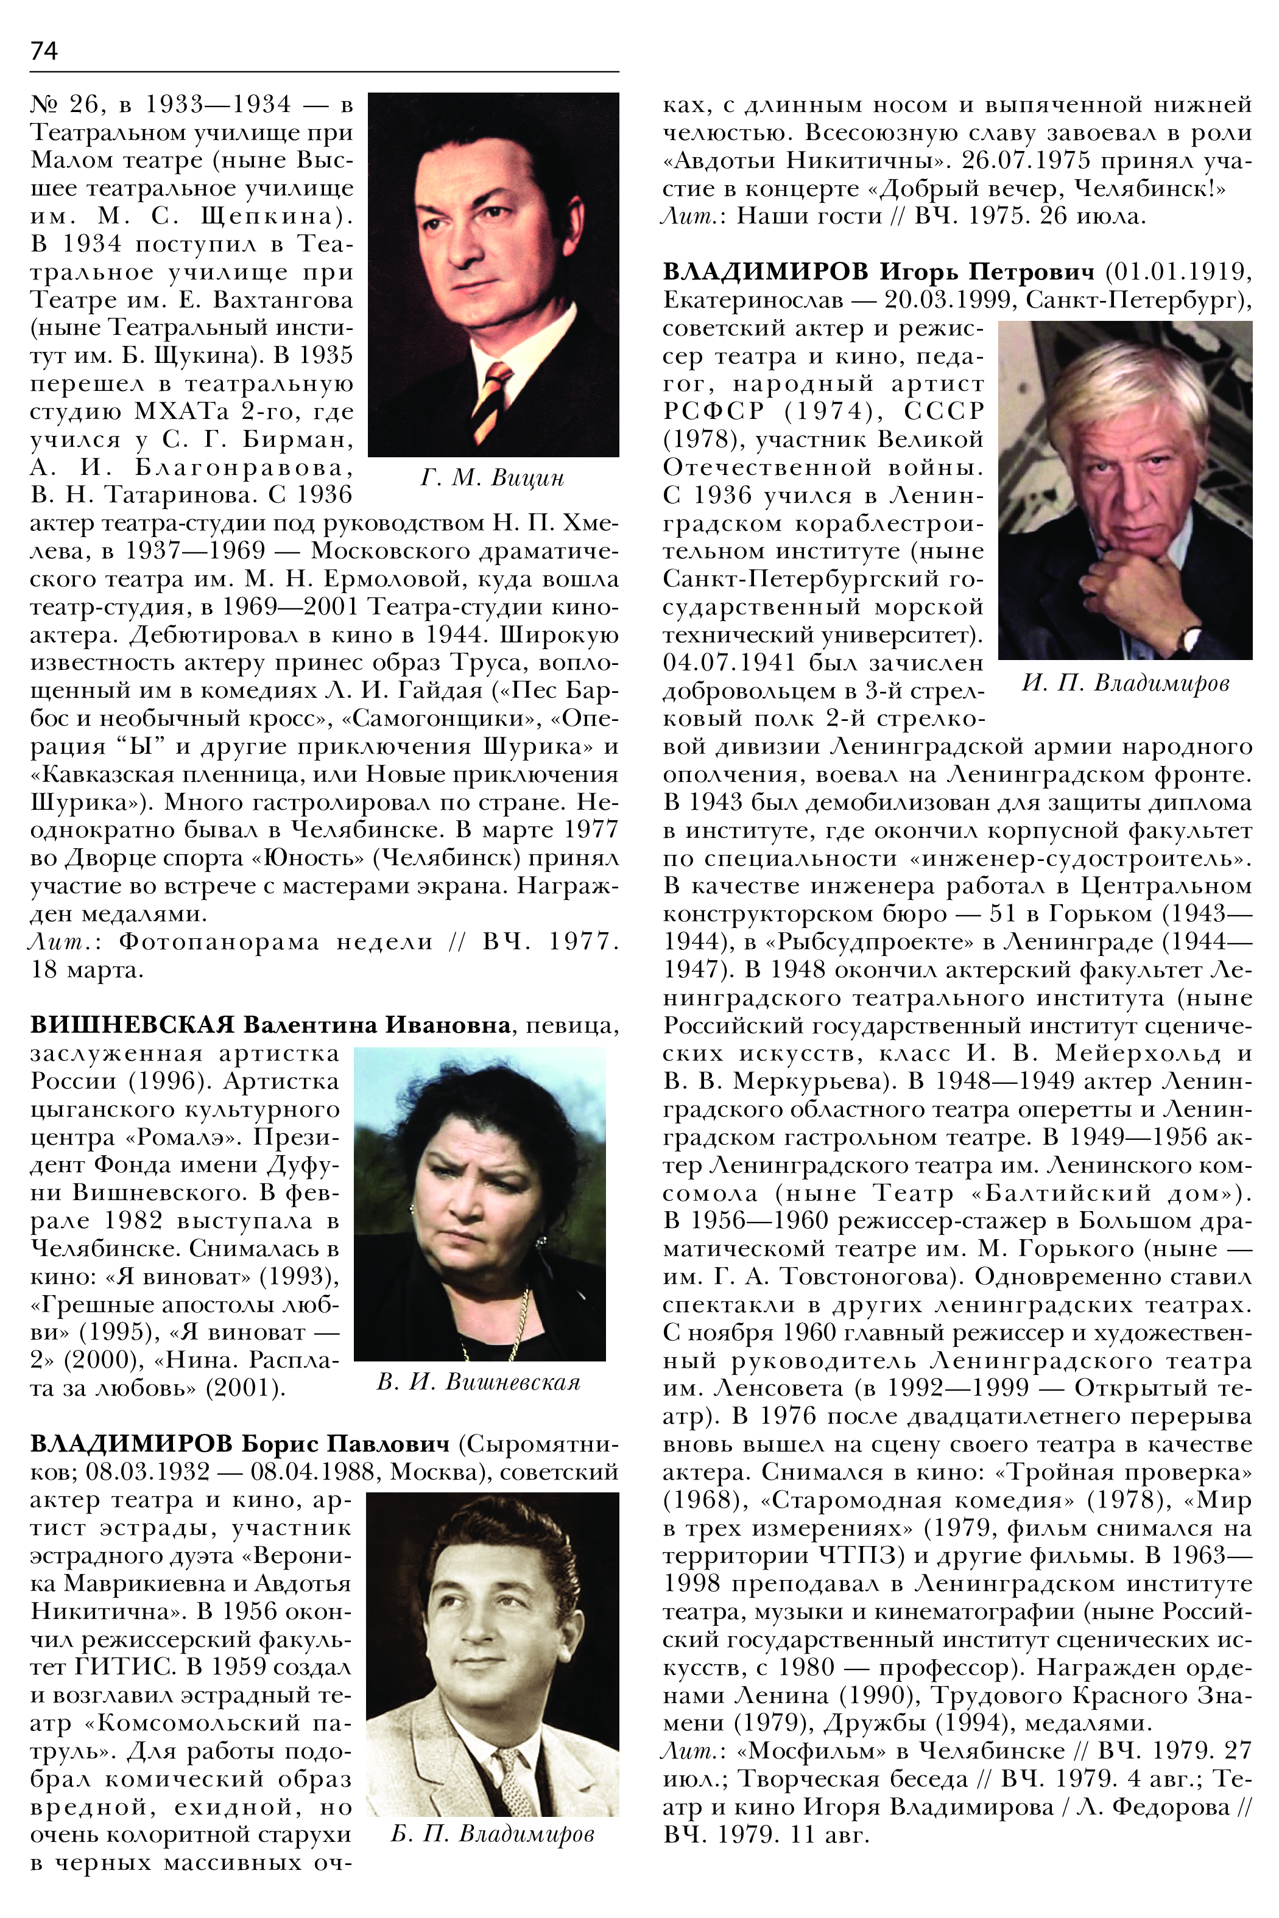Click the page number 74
pos(44,51)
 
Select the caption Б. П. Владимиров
pos(492,1835)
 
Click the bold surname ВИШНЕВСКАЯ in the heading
pos(132,1024)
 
